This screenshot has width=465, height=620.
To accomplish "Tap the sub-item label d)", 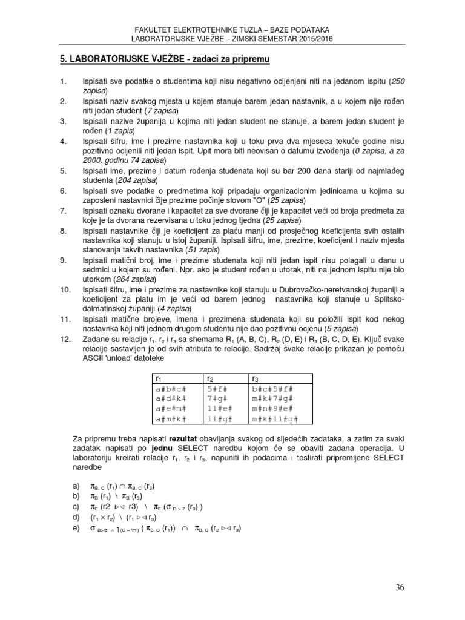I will (76, 517).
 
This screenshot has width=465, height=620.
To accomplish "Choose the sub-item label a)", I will (76, 485).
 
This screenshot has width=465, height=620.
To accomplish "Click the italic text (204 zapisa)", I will (137, 180).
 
